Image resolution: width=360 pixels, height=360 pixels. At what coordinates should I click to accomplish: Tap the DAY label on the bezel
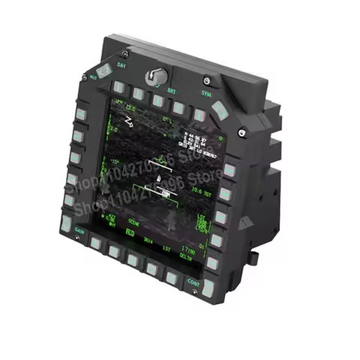tap(121, 66)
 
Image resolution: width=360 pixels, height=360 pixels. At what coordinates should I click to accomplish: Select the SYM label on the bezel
tap(206, 94)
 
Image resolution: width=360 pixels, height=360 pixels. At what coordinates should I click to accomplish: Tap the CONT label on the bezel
tap(193, 282)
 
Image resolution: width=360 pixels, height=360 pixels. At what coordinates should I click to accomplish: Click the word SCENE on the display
tap(133, 223)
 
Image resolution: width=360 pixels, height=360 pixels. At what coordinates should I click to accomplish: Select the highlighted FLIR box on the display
tap(129, 233)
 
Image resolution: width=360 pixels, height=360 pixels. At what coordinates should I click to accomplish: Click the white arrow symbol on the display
tap(130, 120)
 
